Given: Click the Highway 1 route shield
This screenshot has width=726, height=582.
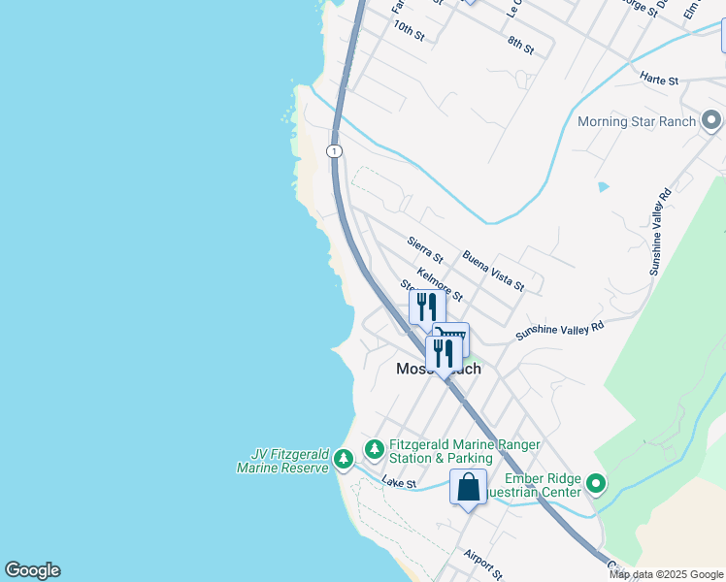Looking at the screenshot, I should point(334,151).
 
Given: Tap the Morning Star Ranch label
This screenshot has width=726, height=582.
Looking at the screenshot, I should point(636,121).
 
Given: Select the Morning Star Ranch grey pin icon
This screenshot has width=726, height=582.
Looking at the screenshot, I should point(711,121).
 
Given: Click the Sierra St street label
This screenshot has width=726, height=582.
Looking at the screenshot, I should point(425,250).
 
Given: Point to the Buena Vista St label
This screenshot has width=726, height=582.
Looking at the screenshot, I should point(493,271).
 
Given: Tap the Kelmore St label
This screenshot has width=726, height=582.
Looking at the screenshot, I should point(439,284).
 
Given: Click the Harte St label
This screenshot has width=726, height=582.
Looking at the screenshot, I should point(658,80).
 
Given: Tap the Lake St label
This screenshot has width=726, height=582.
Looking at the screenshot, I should point(398,482).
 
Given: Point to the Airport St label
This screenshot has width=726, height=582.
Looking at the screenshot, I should point(482,566).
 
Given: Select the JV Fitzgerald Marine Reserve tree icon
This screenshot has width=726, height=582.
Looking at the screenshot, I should point(343,459).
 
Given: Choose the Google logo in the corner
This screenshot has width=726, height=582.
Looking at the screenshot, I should point(32,570).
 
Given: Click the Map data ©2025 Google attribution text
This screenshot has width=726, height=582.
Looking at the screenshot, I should point(666,574).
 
